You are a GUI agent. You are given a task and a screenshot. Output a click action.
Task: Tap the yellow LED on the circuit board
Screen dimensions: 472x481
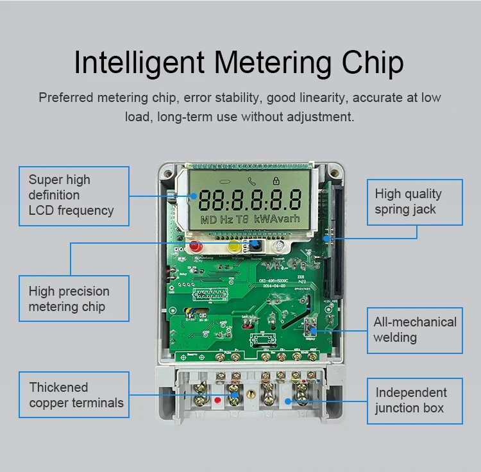235,246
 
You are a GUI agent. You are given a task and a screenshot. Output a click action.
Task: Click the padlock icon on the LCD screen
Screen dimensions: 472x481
276,181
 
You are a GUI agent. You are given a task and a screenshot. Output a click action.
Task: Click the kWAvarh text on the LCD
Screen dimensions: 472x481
278,219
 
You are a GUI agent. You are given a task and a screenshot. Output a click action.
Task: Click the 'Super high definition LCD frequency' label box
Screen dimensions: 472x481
74,196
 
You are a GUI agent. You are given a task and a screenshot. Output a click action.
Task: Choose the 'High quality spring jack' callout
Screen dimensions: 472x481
414,201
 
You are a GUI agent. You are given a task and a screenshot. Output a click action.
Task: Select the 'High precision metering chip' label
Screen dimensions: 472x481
74,299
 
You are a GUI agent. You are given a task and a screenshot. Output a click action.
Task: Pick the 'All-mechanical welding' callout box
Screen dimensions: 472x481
414,330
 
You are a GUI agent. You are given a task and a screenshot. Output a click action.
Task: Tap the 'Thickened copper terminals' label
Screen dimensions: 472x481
74,395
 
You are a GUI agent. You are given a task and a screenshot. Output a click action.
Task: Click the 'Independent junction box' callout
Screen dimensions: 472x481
414,400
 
